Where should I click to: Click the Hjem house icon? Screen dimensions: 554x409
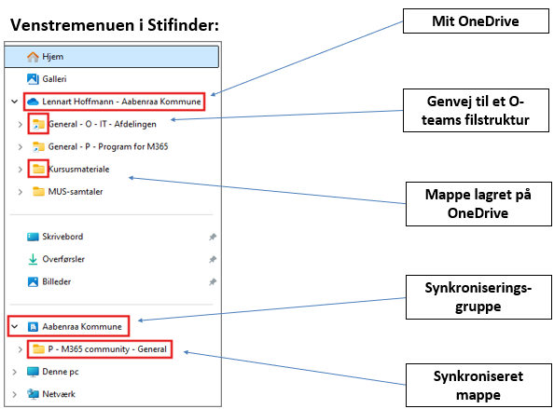click(33, 57)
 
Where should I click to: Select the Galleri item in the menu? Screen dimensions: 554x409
click(54, 78)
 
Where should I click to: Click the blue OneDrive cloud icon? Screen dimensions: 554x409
click(33, 102)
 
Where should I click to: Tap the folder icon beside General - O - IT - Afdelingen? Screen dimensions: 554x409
click(38, 124)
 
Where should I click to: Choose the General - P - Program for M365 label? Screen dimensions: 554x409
click(108, 146)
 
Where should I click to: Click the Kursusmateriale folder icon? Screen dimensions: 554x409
click(38, 169)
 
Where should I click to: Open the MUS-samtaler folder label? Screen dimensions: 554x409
click(76, 192)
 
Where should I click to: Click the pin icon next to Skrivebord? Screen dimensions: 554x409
click(213, 237)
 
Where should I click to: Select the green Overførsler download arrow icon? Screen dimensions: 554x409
click(33, 259)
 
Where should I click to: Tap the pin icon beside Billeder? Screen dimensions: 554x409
click(213, 282)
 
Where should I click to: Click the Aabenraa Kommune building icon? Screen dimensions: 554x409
click(33, 327)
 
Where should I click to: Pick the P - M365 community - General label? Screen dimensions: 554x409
click(107, 349)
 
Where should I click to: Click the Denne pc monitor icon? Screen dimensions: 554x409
click(33, 372)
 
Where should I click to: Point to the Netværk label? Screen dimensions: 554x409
click(59, 394)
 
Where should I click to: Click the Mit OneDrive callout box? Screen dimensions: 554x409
click(476, 21)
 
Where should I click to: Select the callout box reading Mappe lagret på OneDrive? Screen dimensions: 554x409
click(478, 204)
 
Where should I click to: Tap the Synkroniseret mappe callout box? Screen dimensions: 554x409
click(478, 386)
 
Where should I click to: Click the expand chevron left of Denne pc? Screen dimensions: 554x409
click(15, 372)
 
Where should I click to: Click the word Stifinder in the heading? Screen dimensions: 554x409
click(183, 25)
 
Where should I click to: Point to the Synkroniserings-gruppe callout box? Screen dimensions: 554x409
click(478, 297)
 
